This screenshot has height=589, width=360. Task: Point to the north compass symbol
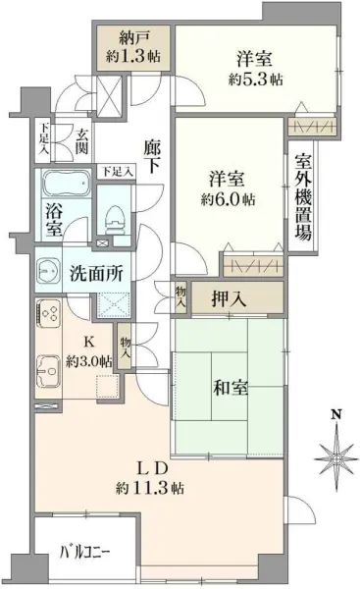[335, 456]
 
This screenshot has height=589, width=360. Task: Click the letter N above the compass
[335, 415]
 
